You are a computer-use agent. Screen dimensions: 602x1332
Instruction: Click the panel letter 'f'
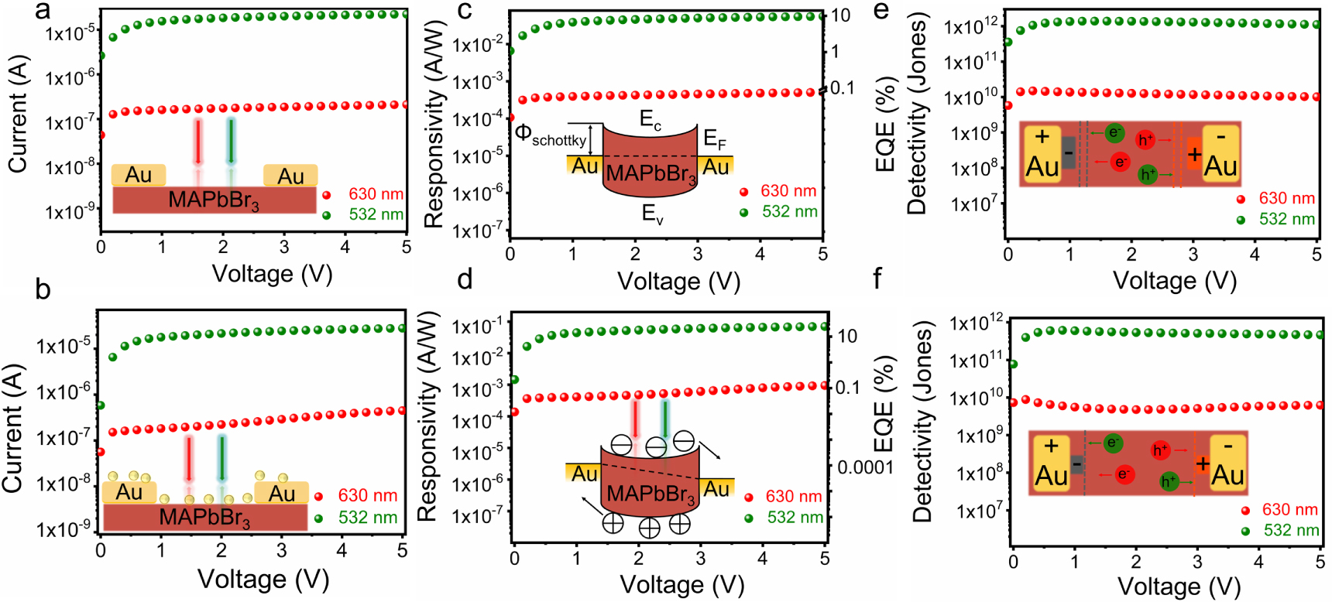coord(877,279)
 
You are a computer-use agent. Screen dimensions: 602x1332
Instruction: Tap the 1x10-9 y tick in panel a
coord(70,210)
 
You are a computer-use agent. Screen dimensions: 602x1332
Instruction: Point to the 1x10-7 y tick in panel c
coord(477,230)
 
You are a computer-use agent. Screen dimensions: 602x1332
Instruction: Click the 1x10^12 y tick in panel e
coord(972,27)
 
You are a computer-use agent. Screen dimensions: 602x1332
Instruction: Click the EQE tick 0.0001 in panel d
coord(865,467)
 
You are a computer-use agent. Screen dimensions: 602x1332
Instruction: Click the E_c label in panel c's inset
coord(651,120)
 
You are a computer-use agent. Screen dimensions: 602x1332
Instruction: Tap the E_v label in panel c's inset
coord(653,214)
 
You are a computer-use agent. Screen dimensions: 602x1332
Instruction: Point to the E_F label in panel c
coord(714,139)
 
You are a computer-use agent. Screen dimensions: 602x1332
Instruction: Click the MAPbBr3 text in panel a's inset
coord(214,200)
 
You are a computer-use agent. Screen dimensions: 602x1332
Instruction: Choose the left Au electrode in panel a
coord(139,175)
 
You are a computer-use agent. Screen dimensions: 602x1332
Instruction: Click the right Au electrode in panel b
coord(281,494)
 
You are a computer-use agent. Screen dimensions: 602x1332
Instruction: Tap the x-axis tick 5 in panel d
coord(825,558)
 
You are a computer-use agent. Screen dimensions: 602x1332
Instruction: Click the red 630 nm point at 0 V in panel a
coord(101,135)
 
